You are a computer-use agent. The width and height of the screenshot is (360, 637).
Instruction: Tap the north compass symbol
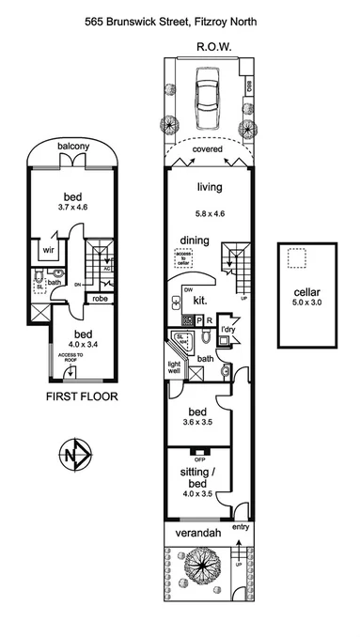pos(74,456)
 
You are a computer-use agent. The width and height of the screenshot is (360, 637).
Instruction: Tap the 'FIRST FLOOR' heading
pos(81,396)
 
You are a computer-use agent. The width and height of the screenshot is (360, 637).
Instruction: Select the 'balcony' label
pos(72,148)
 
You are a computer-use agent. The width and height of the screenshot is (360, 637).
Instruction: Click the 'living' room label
pos(209,187)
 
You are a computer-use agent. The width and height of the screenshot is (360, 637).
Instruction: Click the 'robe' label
pos(100,299)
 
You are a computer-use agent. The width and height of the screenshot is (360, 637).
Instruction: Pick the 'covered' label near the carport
pos(207,149)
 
